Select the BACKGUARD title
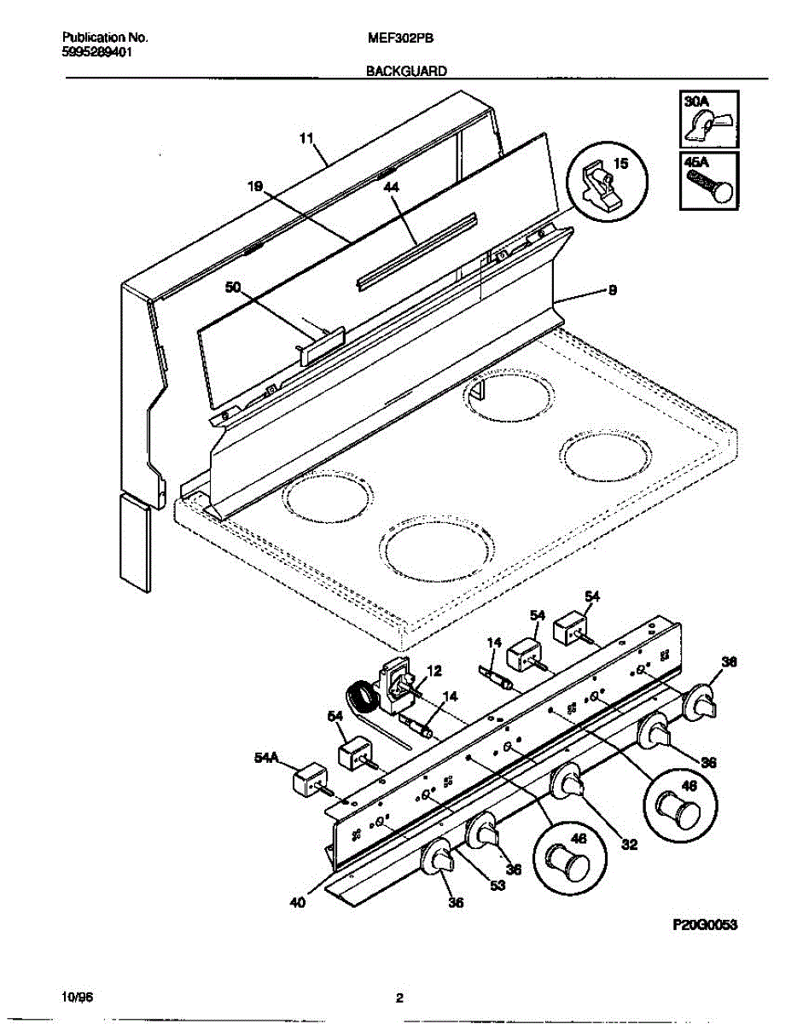(406, 73)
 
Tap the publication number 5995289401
(97, 51)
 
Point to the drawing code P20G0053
(705, 924)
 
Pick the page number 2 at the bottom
(399, 998)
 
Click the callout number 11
(307, 137)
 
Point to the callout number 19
(255, 191)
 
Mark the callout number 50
(233, 288)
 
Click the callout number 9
(612, 291)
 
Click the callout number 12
(434, 672)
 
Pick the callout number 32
(629, 846)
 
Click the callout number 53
(498, 886)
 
